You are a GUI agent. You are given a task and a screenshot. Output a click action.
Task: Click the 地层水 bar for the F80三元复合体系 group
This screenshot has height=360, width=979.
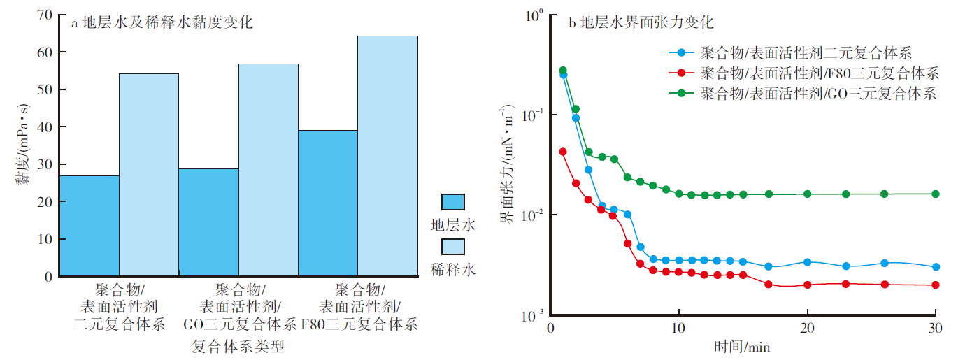327,203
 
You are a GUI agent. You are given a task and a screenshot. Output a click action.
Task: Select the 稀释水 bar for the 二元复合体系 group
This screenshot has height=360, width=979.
148,175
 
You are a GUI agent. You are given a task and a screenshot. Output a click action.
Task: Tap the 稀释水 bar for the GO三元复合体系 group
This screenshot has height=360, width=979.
268,170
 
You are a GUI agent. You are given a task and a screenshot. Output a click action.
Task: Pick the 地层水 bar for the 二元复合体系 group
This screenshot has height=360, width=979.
89,225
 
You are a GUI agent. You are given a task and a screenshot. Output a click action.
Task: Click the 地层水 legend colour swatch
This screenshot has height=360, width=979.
452,203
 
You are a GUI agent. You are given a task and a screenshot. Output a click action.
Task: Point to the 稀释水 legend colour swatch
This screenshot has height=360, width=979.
452,246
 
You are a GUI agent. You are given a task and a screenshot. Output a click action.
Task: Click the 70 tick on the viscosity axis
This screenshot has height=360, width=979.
44,15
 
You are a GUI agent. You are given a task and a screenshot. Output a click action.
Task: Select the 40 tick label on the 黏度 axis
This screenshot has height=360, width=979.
44,127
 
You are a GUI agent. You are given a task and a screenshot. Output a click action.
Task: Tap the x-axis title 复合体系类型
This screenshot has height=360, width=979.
238,346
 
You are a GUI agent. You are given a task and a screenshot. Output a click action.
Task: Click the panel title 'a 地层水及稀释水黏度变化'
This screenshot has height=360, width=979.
162,22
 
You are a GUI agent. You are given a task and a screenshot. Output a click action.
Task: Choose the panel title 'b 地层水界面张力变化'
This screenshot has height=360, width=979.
640,22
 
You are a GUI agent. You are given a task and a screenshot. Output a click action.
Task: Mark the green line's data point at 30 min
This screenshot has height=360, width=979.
936,194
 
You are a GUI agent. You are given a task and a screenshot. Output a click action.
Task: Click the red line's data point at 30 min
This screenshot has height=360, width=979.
936,285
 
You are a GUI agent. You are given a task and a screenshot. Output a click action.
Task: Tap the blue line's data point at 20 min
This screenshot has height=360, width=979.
807,262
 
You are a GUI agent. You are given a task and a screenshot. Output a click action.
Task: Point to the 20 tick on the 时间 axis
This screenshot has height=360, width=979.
807,329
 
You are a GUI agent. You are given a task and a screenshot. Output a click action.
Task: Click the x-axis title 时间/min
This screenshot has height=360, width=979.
742,346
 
